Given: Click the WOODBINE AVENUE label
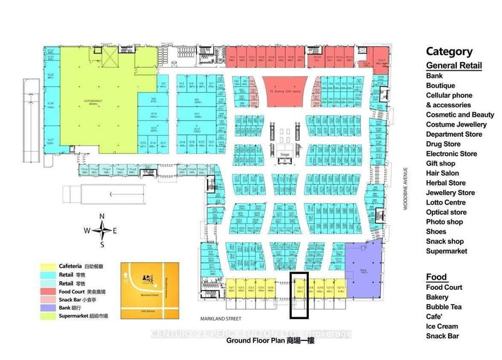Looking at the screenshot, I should [x=406, y=189].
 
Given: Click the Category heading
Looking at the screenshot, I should [x=448, y=52].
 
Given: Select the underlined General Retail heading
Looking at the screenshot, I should [x=454, y=66].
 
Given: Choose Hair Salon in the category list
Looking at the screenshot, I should [x=443, y=173].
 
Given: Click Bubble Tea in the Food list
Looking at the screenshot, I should [x=444, y=307].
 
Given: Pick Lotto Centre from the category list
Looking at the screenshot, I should [x=446, y=203].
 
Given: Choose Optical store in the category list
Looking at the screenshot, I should [x=446, y=212].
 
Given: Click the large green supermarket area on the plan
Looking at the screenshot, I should [x=100, y=100].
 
